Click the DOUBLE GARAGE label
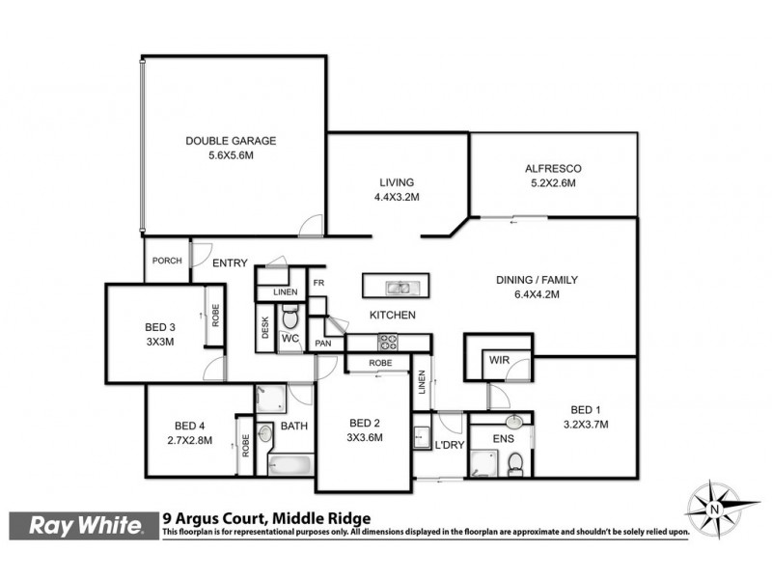tap(231, 141)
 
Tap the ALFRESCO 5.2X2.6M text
tap(553, 177)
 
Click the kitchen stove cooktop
tap(388, 341)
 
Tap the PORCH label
tap(167, 261)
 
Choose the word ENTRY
tap(230, 262)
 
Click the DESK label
tap(264, 328)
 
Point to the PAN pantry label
tap(323, 343)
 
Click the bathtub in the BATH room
tap(290, 465)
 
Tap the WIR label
tap(499, 359)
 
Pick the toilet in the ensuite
tap(515, 462)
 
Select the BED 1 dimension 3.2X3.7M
tap(586, 423)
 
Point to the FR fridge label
tap(317, 283)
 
